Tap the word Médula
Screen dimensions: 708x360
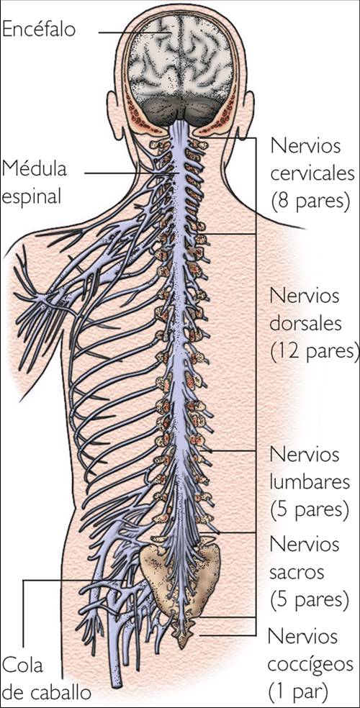coord(34,169)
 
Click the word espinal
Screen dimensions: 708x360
coord(33,196)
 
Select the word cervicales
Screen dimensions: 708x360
coord(312,173)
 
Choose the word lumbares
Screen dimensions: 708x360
coord(310,481)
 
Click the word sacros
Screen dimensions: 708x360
coord(297,573)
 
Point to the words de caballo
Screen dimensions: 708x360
coord(47,692)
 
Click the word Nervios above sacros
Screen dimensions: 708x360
coord(303,544)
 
